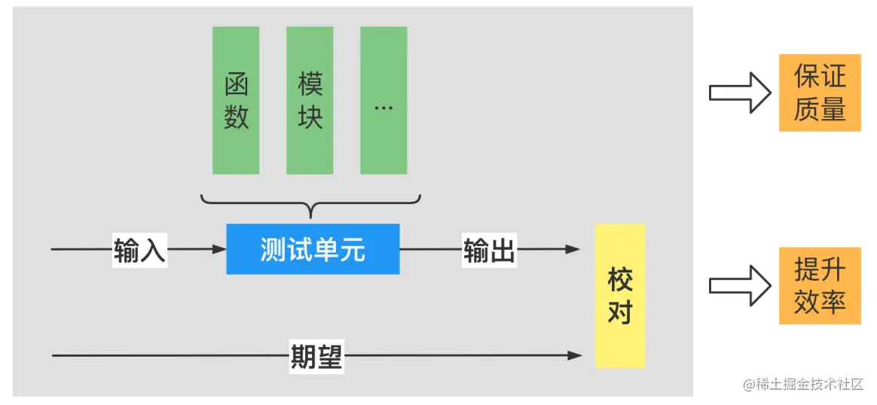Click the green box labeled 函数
pyautogui.click(x=236, y=100)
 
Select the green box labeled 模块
pyautogui.click(x=310, y=100)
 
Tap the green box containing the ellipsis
pyautogui.click(x=383, y=100)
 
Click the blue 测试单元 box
pyautogui.click(x=313, y=249)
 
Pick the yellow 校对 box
pyautogui.click(x=620, y=296)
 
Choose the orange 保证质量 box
pyautogui.click(x=820, y=93)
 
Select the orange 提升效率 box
pyautogui.click(x=820, y=286)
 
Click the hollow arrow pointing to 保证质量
pyautogui.click(x=739, y=93)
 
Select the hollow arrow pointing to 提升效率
pyautogui.click(x=739, y=286)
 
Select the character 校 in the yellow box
pyautogui.click(x=620, y=280)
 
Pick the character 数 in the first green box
pyautogui.click(x=236, y=117)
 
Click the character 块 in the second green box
pyautogui.click(x=310, y=117)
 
